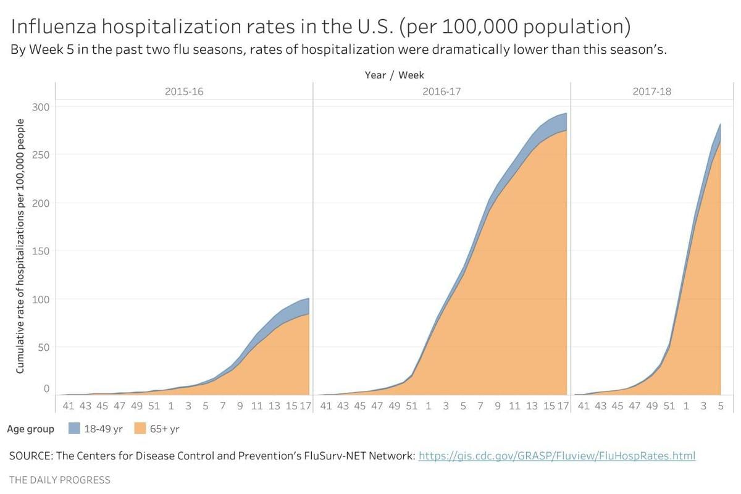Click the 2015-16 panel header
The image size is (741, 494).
183,91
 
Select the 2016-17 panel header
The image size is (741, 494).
442,91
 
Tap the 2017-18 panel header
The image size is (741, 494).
652,91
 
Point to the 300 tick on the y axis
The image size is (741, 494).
41,107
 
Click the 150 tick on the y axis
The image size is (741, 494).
41,251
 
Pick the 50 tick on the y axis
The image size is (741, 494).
43,347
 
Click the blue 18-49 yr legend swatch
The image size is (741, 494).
74,429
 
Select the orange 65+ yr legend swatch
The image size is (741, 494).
140,429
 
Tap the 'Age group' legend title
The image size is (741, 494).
31,429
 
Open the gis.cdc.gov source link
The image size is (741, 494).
556,456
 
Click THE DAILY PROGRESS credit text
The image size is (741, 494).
60,480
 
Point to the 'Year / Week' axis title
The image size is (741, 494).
394,75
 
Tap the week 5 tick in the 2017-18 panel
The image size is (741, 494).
720,406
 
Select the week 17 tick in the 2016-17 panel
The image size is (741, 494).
563,406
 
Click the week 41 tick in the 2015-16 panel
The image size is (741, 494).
68,406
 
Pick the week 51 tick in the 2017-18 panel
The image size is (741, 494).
669,406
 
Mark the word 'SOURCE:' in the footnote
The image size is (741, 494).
30,456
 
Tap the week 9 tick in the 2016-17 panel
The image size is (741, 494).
497,406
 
